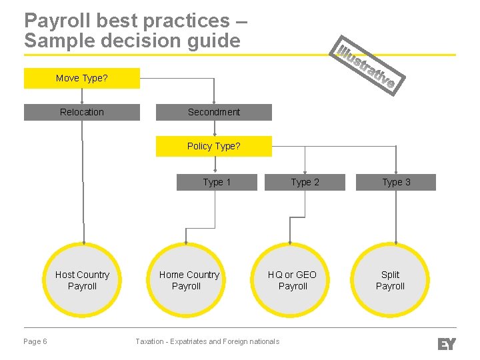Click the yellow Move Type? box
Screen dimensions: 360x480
[82, 78]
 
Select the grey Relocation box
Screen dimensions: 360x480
[82, 112]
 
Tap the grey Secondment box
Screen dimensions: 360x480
[214, 112]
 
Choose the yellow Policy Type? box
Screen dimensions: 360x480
[214, 146]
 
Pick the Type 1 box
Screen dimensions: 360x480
[217, 182]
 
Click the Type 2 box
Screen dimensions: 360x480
[305, 182]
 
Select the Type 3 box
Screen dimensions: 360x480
[396, 182]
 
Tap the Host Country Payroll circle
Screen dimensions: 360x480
[83, 280]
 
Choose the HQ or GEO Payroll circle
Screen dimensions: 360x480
[292, 280]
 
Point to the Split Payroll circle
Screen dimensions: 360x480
[390, 280]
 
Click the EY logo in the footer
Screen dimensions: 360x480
[446, 344]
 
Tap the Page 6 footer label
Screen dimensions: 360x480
[35, 341]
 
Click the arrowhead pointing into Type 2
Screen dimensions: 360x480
[305, 171]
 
